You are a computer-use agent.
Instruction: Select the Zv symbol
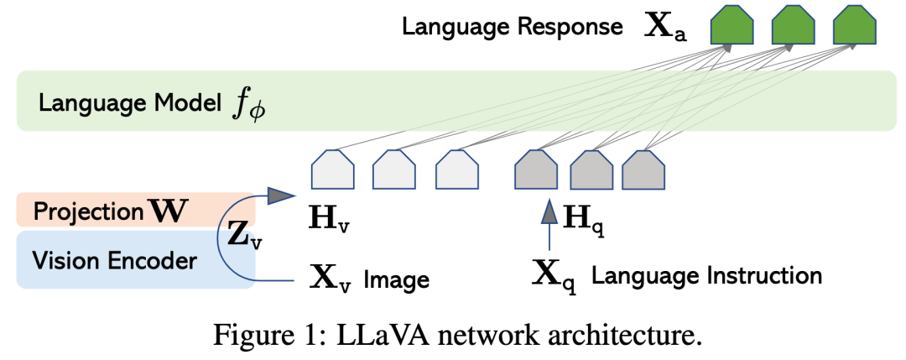244,238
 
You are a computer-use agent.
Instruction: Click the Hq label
584,220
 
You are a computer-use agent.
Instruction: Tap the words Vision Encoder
114,260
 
